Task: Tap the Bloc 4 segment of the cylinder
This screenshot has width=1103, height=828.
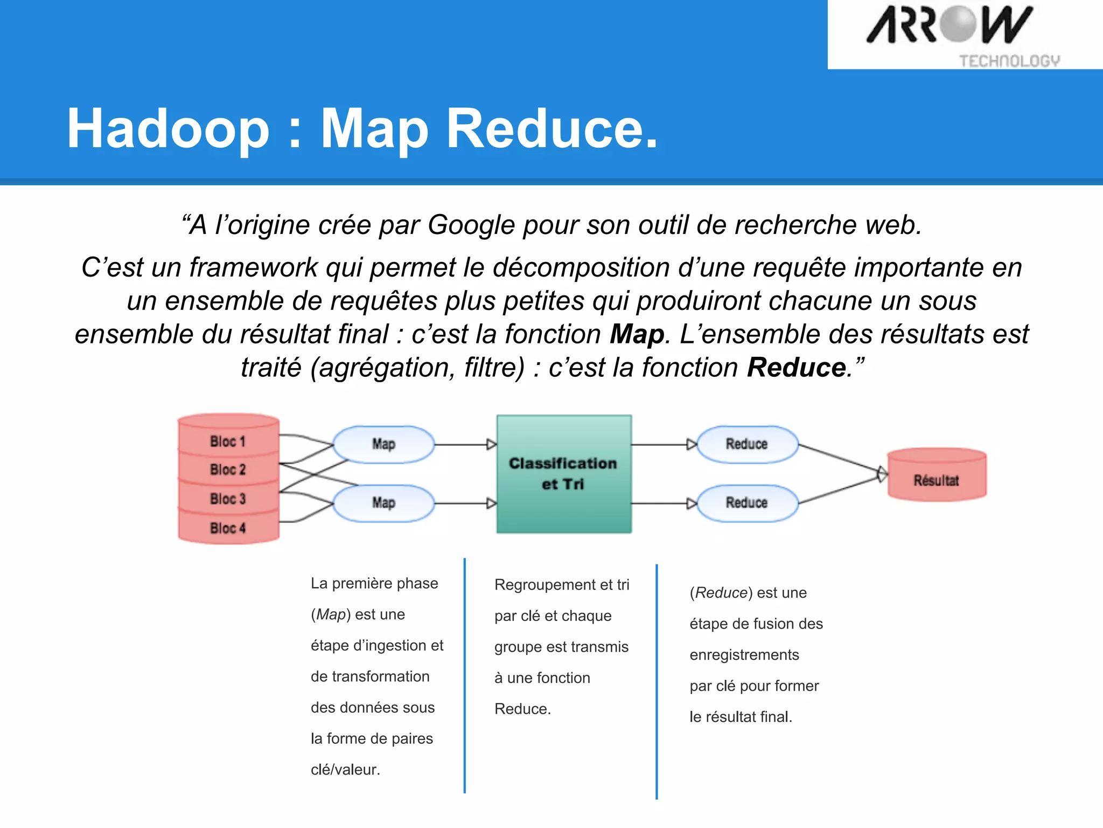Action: pyautogui.click(x=228, y=528)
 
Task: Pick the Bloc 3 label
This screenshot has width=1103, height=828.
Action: pyautogui.click(x=228, y=499)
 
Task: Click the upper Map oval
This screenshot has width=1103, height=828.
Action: pyautogui.click(x=383, y=444)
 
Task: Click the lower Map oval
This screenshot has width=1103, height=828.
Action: pyautogui.click(x=383, y=503)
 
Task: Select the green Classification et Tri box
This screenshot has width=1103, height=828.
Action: pyautogui.click(x=563, y=474)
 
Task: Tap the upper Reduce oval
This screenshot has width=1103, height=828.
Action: pyautogui.click(x=746, y=444)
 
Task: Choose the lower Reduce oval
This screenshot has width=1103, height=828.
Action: pyautogui.click(x=746, y=503)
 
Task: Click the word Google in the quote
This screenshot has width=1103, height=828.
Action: pyautogui.click(x=472, y=225)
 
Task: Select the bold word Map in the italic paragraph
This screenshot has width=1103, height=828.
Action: pyautogui.click(x=637, y=334)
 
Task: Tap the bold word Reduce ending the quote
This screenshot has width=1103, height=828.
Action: pyautogui.click(x=796, y=368)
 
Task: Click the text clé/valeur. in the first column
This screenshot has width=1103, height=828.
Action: pyautogui.click(x=345, y=769)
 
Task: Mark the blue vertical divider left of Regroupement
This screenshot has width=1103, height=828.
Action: pyautogui.click(x=464, y=674)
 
